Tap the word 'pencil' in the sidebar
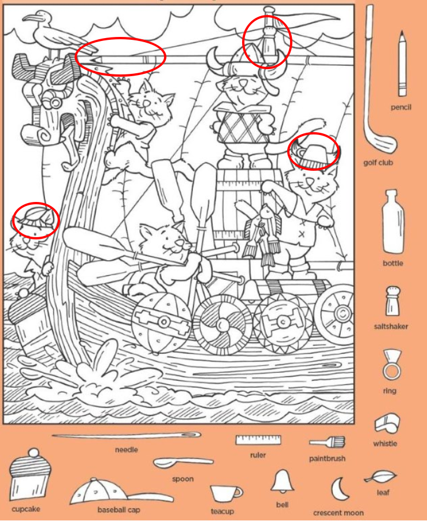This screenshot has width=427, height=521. [x=401, y=107]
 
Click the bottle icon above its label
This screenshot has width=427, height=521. [x=393, y=222]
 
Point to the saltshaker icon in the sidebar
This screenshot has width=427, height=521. [x=393, y=301]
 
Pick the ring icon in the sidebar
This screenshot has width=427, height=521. [x=392, y=365]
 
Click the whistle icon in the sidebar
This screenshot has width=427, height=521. [x=387, y=423]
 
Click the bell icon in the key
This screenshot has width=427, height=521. [x=283, y=481]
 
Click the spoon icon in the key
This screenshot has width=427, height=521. [x=183, y=463]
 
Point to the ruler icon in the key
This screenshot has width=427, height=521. [x=258, y=440]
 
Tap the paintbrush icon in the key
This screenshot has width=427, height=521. [x=327, y=442]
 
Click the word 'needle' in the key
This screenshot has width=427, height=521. [x=127, y=449]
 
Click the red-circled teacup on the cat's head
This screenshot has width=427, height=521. [x=314, y=154]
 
